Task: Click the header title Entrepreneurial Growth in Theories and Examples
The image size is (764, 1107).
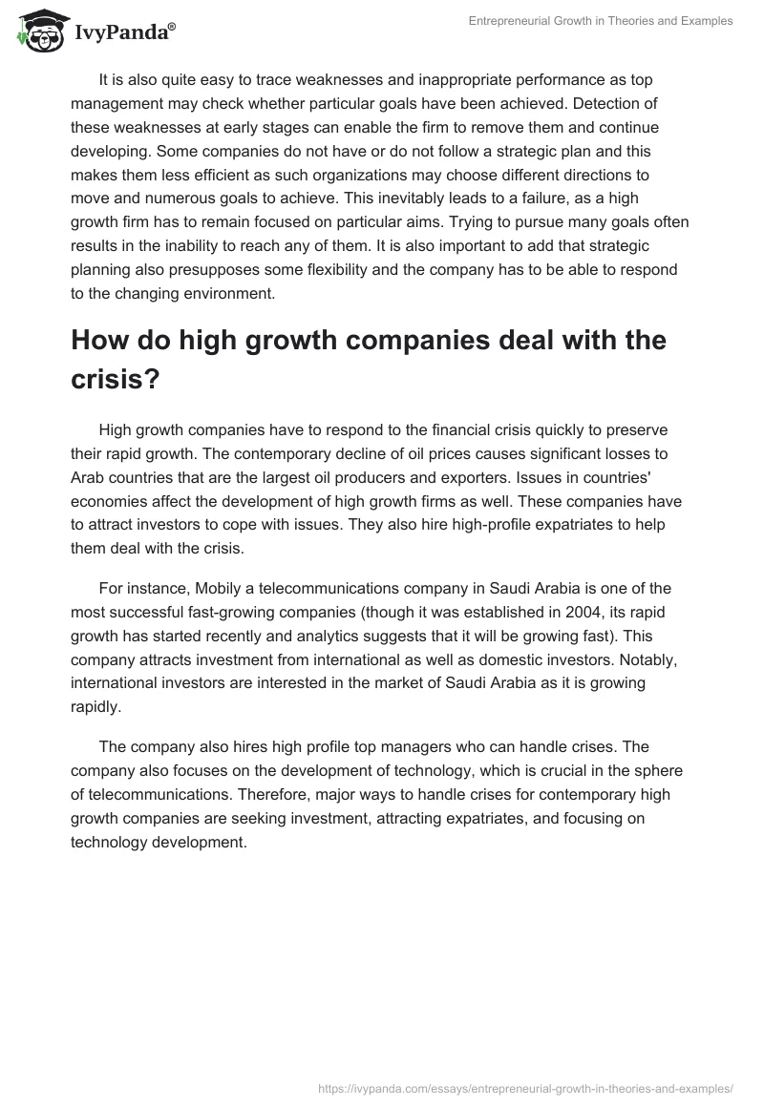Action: pyautogui.click(x=601, y=21)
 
